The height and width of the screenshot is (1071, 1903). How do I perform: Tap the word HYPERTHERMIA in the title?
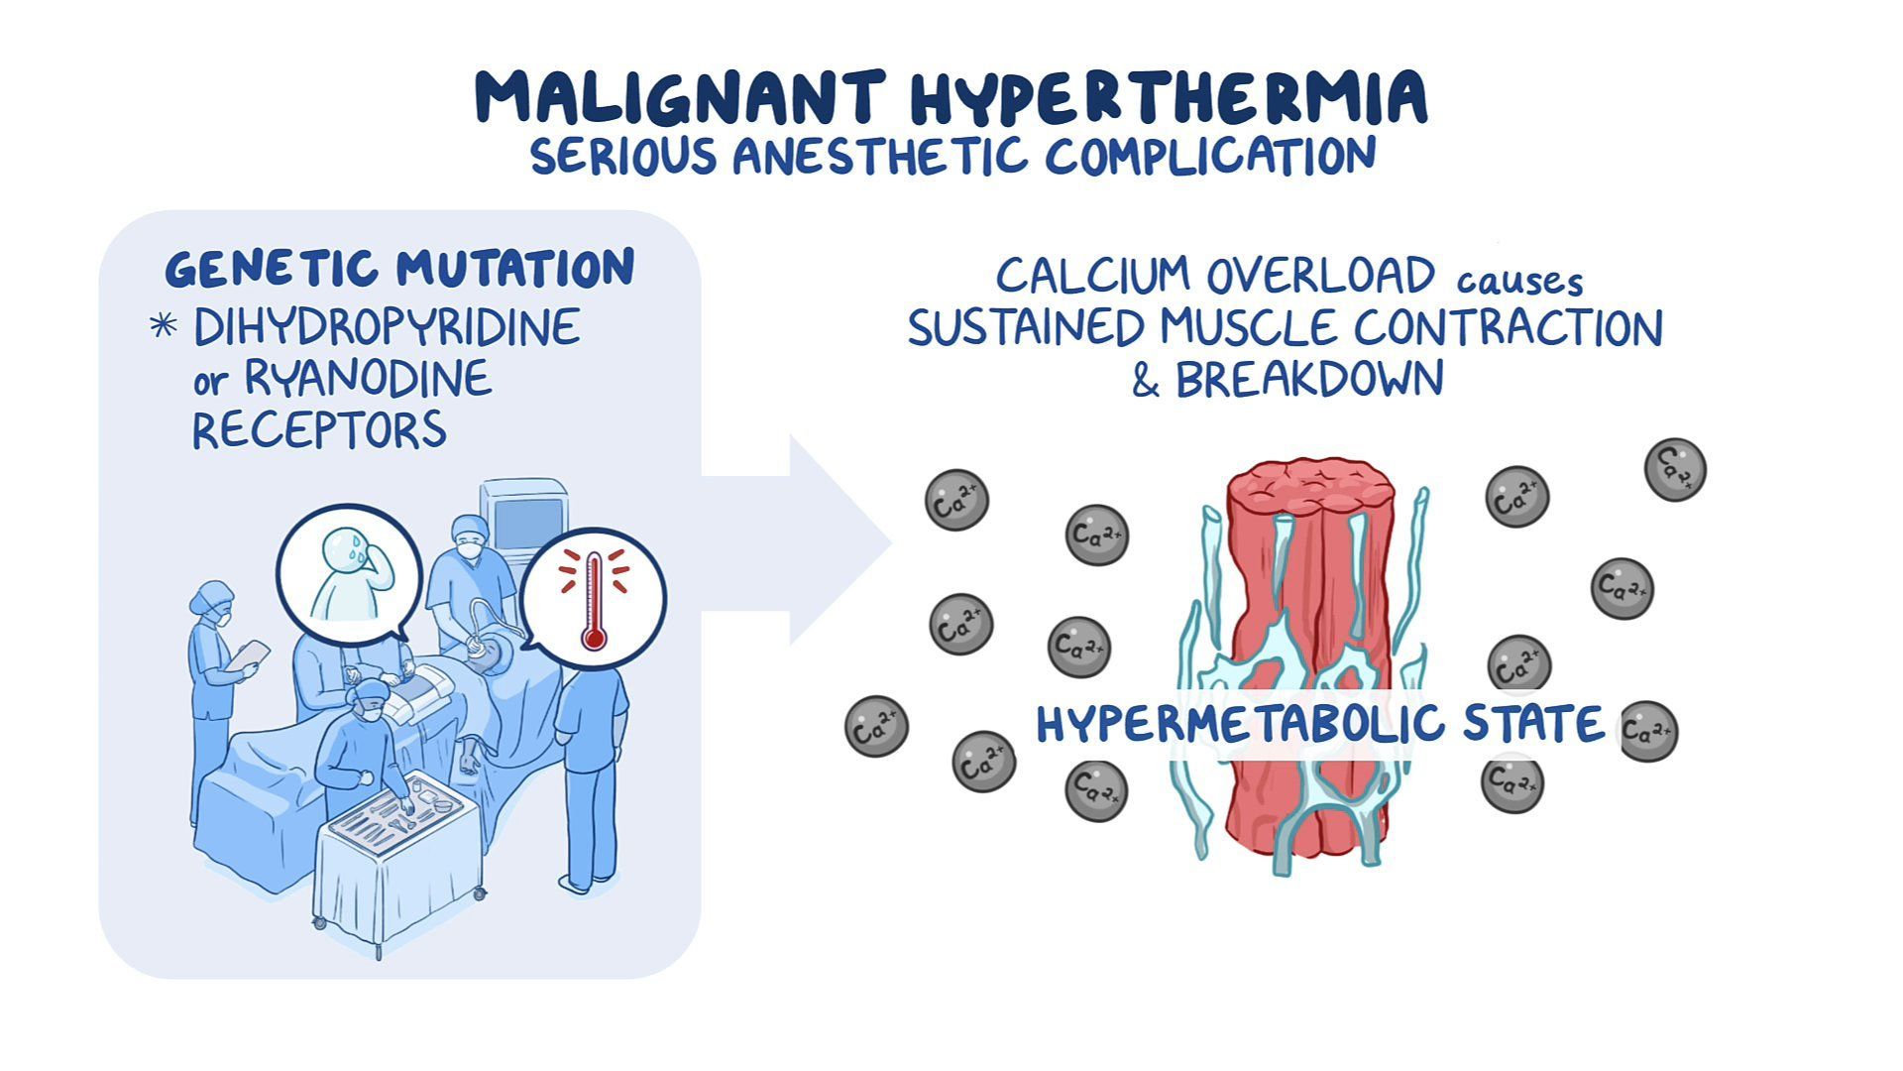pyautogui.click(x=1170, y=97)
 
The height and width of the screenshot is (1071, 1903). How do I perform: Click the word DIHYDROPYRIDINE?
pyautogui.click(x=387, y=328)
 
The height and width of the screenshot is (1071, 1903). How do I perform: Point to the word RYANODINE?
pyautogui.click(x=368, y=379)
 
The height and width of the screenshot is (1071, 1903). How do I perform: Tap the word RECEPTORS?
pyautogui.click(x=319, y=430)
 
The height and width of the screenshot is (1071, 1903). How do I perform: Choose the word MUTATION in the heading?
pyautogui.click(x=515, y=268)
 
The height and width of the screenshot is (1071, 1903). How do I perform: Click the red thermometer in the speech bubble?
pyautogui.click(x=594, y=600)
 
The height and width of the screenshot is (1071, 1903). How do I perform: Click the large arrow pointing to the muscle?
pyautogui.click(x=813, y=540)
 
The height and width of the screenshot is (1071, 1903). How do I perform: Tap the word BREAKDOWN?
pyautogui.click(x=1308, y=379)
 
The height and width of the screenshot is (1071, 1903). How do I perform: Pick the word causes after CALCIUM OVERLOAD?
pyautogui.click(x=1519, y=282)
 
